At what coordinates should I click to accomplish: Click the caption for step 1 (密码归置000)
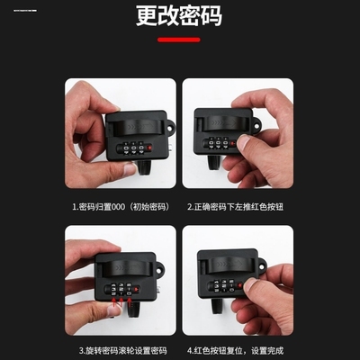[120, 205]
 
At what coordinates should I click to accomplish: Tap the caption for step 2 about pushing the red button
[238, 205]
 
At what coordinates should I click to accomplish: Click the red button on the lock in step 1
[148, 144]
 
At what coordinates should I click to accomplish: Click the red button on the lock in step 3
[146, 290]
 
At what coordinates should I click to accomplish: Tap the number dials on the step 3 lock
[124, 291]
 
